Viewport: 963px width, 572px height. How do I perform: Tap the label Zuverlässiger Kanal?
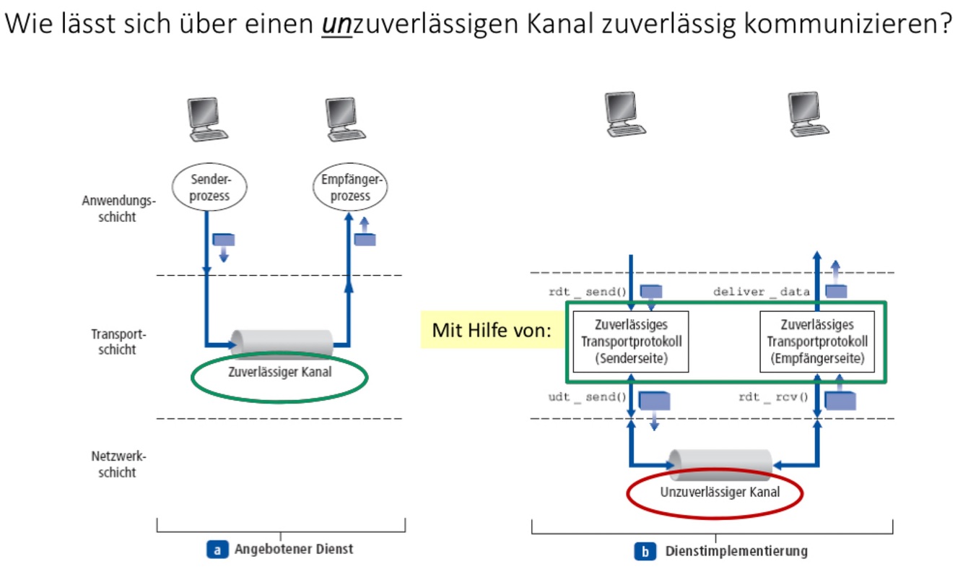coord(280,375)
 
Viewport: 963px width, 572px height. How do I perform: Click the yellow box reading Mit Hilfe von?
coord(492,331)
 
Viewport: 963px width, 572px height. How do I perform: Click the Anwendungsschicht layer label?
coord(108,209)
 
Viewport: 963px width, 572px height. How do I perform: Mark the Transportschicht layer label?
coord(114,342)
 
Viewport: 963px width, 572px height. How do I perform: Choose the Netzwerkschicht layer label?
coord(114,464)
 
